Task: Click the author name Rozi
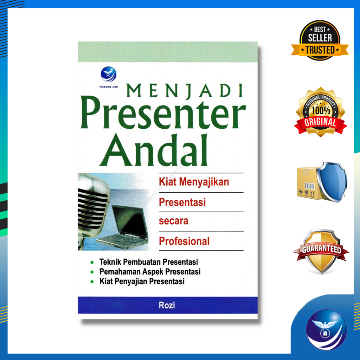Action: click(167, 305)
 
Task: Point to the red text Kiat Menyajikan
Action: click(194, 182)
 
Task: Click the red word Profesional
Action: click(184, 241)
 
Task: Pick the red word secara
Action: click(173, 221)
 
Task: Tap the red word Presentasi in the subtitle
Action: click(182, 202)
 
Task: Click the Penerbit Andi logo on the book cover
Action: click(108, 75)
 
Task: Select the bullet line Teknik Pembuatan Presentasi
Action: click(148, 262)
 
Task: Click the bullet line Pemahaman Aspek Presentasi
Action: click(150, 272)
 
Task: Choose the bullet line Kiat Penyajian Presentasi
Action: click(142, 282)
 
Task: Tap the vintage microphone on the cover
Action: click(92, 207)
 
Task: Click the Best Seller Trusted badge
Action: click(320, 41)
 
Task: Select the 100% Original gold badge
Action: click(320, 112)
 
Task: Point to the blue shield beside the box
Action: click(332, 181)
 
